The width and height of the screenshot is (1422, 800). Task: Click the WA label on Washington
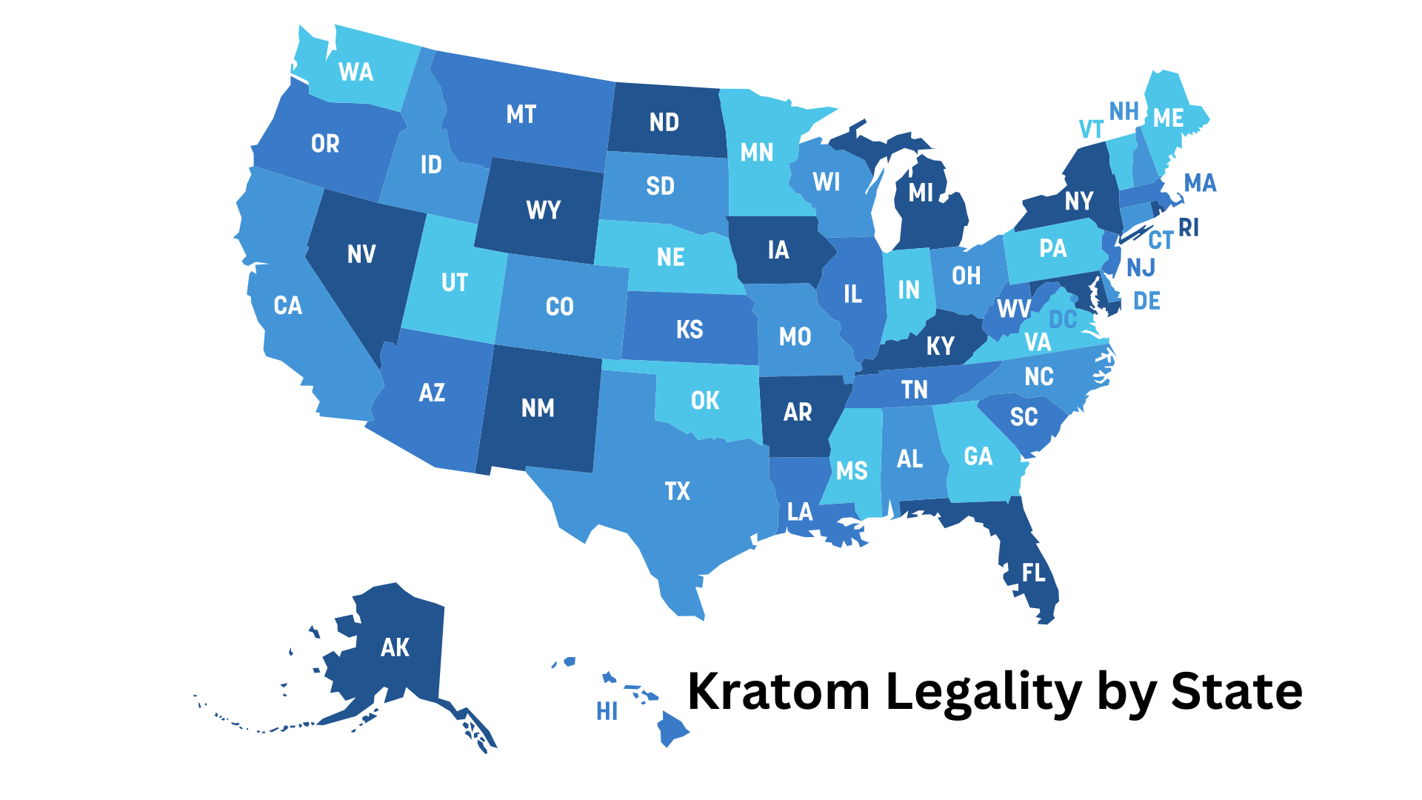[355, 72]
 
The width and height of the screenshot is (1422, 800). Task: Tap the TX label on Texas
[677, 491]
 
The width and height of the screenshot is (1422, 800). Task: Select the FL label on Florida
[1034, 573]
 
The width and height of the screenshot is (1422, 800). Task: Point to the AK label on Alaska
[395, 647]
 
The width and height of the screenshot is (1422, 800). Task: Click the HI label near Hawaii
[607, 712]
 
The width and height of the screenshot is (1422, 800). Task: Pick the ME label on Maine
[1168, 118]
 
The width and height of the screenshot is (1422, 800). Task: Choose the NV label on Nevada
[361, 255]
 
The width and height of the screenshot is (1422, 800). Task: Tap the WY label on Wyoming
[543, 210]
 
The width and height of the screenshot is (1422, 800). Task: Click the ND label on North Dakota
[664, 122]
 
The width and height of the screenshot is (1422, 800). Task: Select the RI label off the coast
[1189, 227]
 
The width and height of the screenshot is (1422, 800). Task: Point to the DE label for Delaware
[1146, 301]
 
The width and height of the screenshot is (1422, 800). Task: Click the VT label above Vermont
[1091, 130]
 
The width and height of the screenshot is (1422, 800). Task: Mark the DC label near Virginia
[1063, 320]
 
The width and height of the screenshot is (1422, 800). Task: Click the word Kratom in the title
[778, 691]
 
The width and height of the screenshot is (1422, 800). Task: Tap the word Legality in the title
[984, 693]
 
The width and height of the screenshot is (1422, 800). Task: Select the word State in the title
[1236, 691]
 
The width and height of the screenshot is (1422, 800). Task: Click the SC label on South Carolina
[1024, 417]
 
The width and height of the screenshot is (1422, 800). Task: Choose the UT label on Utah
[454, 282]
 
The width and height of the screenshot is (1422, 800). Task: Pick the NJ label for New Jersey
[1141, 267]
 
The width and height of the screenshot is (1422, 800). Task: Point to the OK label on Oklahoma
[704, 401]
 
